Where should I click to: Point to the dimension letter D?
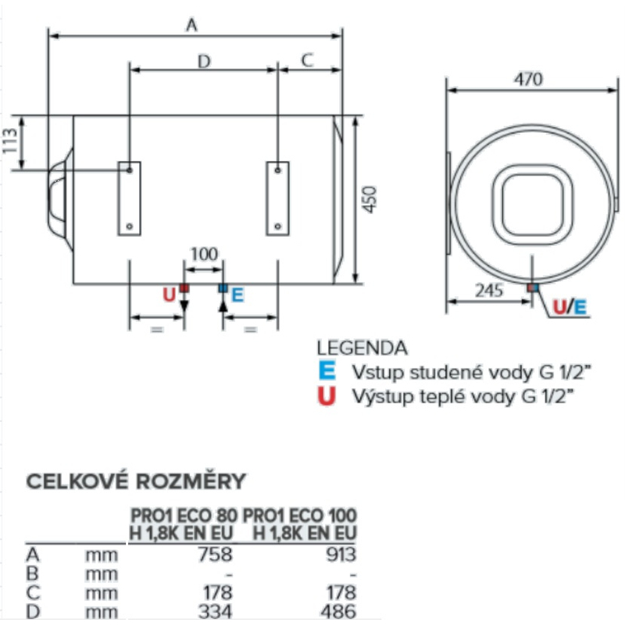point(203,60)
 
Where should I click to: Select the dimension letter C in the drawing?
point(308,60)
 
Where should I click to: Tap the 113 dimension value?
point(10,141)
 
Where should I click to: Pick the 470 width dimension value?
point(529,80)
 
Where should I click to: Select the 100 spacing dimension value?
point(203,253)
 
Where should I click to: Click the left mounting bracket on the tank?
point(129,198)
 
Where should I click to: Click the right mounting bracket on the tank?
point(277,198)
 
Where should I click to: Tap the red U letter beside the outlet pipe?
point(168,295)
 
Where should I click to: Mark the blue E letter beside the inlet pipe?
point(238,295)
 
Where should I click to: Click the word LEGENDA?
point(362,348)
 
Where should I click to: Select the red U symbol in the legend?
point(327,396)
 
